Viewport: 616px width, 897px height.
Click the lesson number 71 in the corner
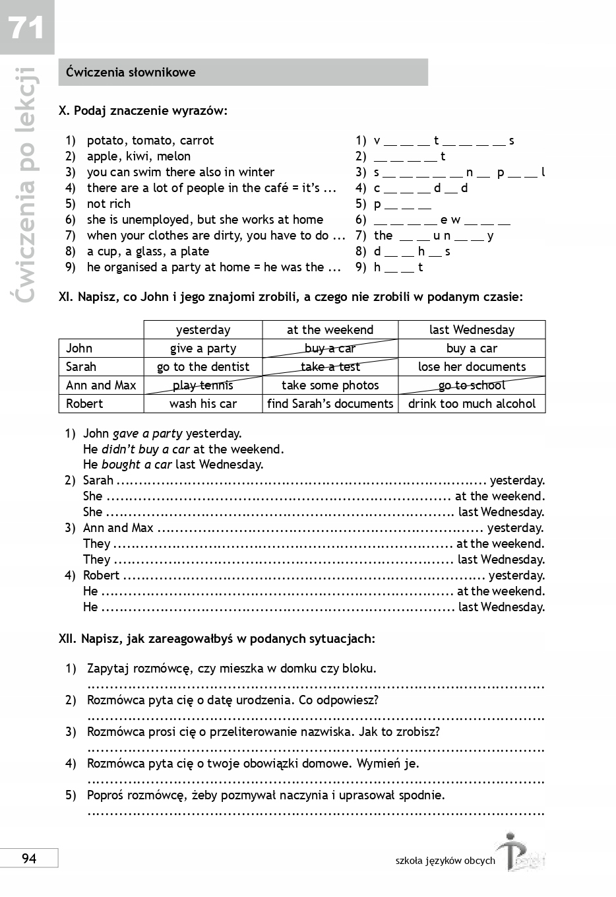click(26, 27)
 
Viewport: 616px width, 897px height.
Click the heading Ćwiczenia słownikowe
click(131, 73)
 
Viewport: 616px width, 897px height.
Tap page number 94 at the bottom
click(29, 858)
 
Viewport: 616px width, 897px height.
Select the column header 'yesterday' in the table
click(203, 330)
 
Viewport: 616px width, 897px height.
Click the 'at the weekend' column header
click(330, 330)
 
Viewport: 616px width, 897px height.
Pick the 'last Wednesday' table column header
click(472, 330)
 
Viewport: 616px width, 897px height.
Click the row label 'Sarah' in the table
click(81, 367)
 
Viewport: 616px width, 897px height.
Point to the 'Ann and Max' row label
click(101, 385)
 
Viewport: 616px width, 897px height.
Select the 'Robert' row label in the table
click(84, 404)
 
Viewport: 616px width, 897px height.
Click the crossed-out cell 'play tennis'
click(203, 385)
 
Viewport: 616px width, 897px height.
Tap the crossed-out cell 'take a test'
click(330, 367)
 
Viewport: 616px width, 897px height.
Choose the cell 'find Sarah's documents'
click(330, 404)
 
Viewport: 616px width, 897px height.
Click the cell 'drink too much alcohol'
click(472, 404)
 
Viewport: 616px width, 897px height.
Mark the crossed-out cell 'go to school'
click(472, 385)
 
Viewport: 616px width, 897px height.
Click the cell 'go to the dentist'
click(203, 367)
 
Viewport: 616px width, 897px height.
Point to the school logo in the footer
click(521, 854)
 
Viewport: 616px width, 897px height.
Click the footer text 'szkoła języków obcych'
click(445, 861)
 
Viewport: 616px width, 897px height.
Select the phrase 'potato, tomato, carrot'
click(150, 141)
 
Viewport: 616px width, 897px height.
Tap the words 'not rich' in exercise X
click(109, 204)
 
